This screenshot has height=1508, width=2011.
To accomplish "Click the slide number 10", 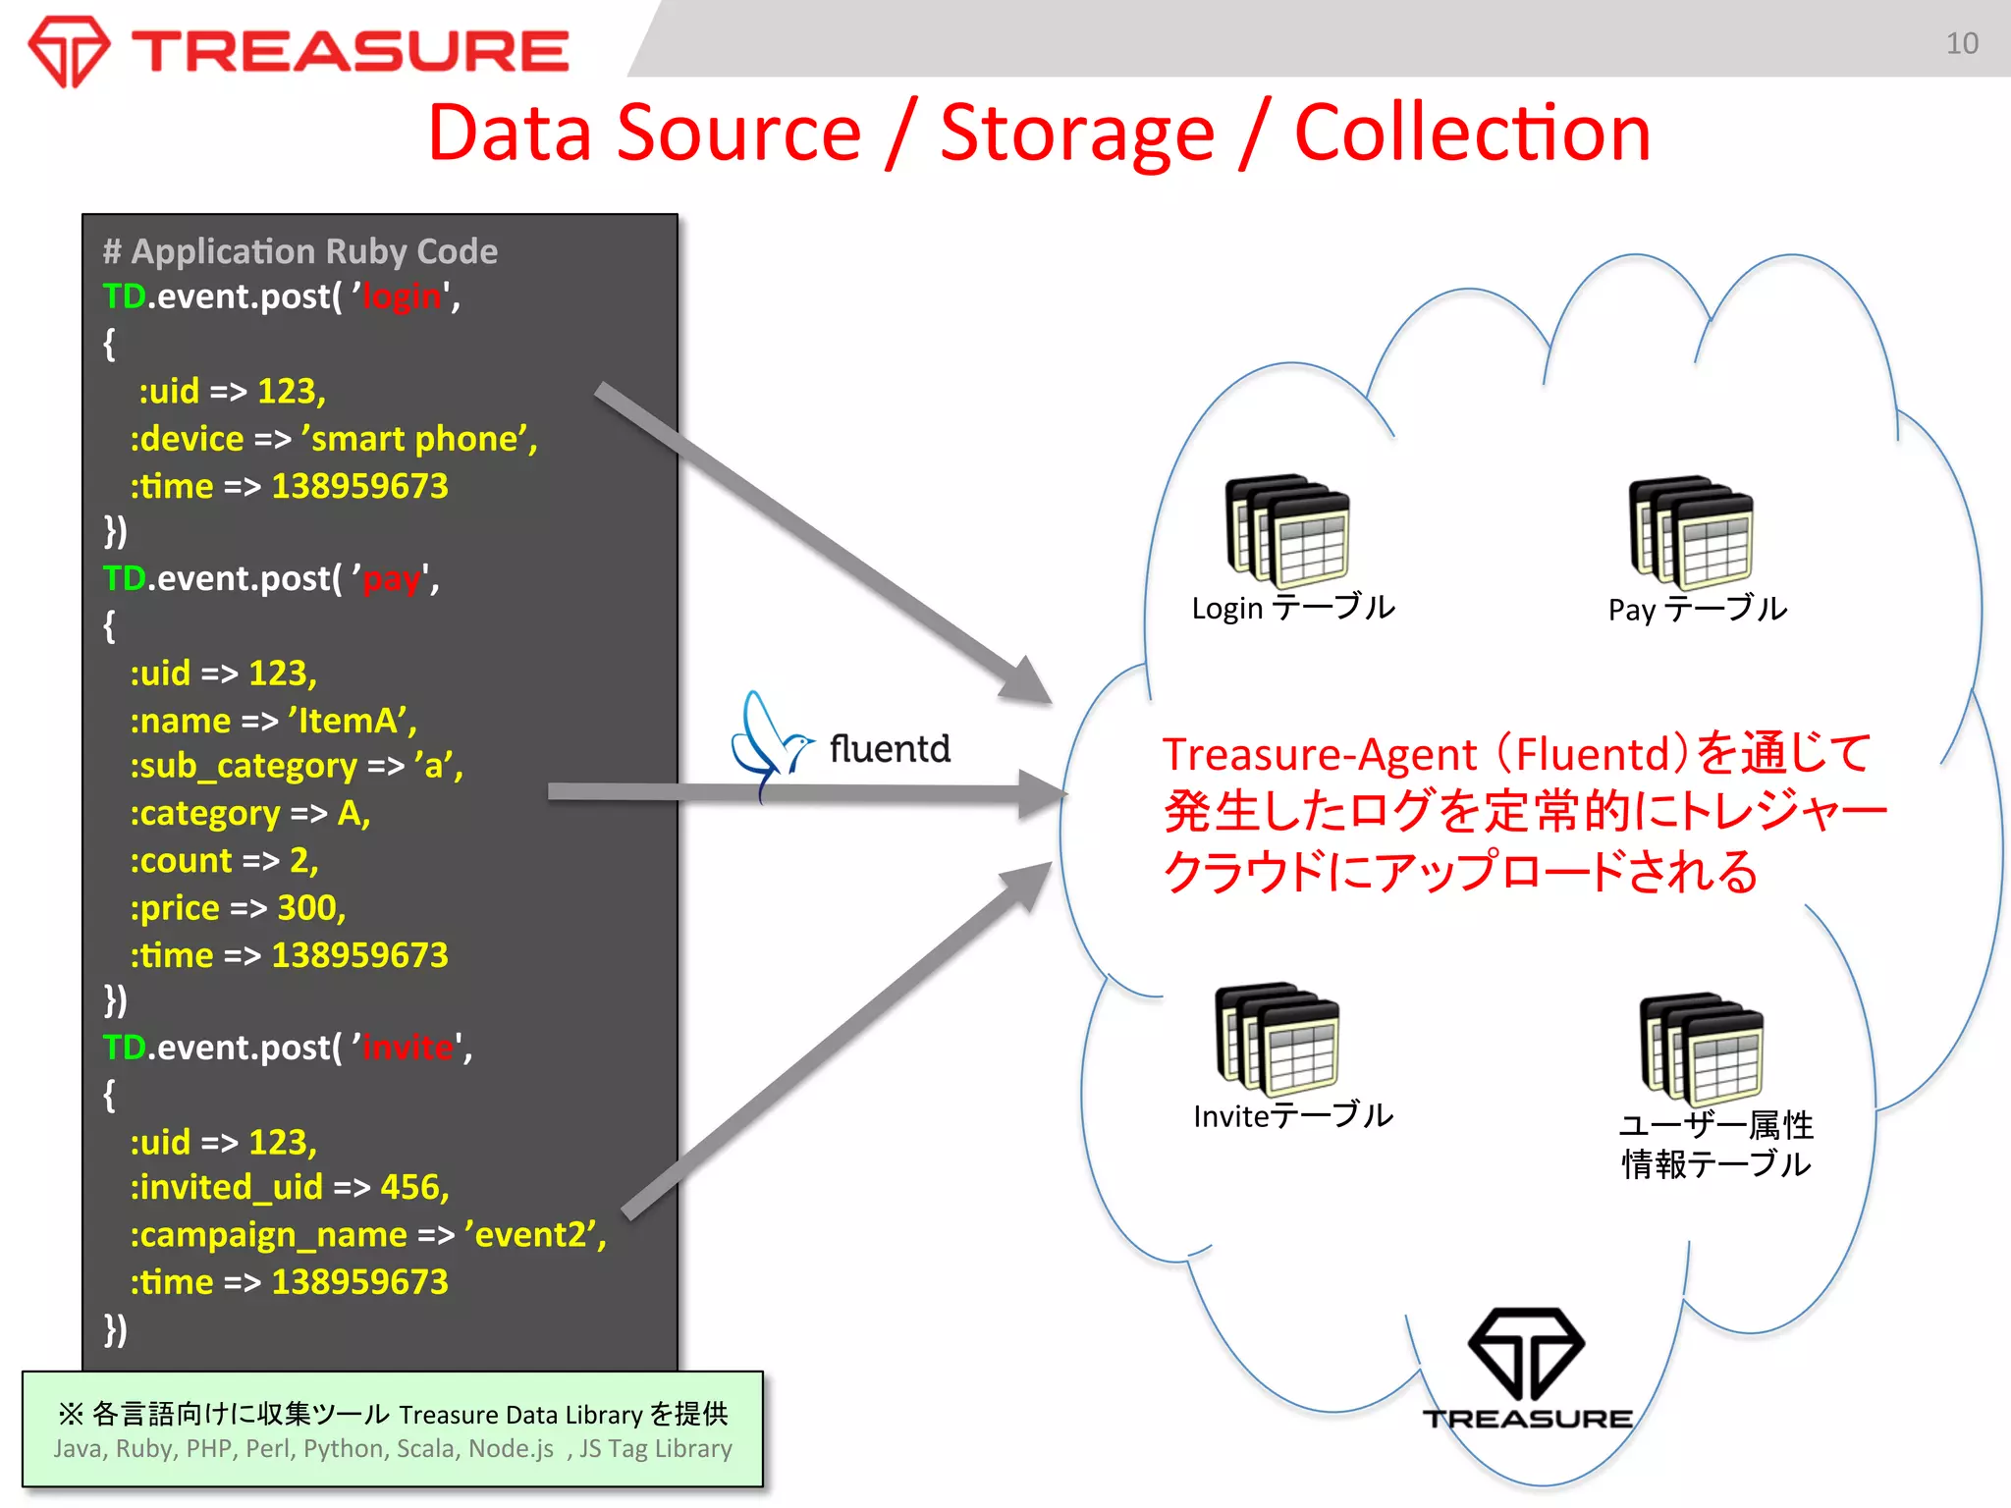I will pyautogui.click(x=1961, y=43).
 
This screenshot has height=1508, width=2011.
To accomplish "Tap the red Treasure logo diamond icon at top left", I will pyautogui.click(x=68, y=51).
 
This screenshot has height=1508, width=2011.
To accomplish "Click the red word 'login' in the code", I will pyautogui.click(x=402, y=296).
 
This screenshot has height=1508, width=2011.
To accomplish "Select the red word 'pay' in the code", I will pyautogui.click(x=392, y=578).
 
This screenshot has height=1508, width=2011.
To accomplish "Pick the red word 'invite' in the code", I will pyautogui.click(x=408, y=1048).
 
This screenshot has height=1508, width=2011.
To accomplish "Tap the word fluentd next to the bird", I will pyautogui.click(x=890, y=749).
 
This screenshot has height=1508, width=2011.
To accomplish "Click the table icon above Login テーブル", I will pyautogui.click(x=1287, y=531).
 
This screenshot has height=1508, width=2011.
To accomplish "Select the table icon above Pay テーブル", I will pyautogui.click(x=1691, y=531).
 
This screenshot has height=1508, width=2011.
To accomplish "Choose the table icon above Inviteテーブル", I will pyautogui.click(x=1277, y=1039).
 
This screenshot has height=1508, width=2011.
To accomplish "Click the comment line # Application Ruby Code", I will pyautogui.click(x=300, y=251).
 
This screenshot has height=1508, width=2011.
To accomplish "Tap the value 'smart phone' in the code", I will pyautogui.click(x=418, y=439).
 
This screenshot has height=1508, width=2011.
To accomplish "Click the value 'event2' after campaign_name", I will pyautogui.click(x=534, y=1234).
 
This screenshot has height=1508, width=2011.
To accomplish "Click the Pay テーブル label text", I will pyautogui.click(x=1697, y=609).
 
